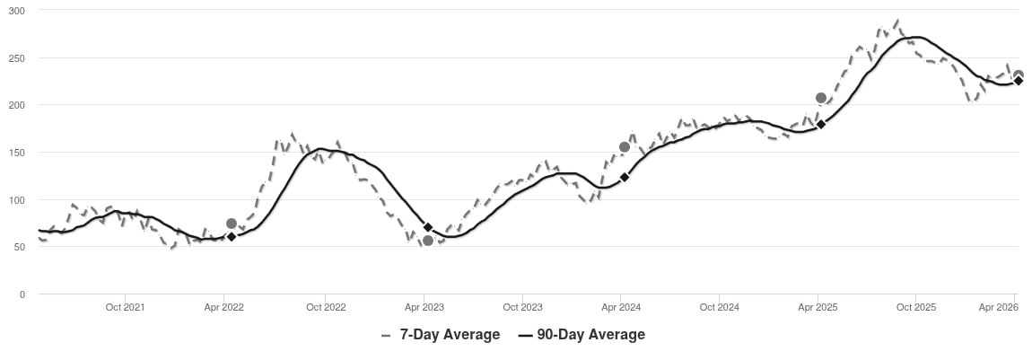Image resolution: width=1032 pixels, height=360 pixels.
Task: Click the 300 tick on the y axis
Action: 17,11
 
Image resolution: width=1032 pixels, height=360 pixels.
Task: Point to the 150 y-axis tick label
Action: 17,153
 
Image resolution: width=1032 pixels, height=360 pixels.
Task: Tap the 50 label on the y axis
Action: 20,248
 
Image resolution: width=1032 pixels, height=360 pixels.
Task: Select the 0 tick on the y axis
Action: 22,294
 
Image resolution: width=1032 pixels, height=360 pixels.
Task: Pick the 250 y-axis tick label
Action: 17,58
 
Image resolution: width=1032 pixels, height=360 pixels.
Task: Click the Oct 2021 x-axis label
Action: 125,307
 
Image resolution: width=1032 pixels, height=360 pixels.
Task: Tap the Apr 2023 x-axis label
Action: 424,307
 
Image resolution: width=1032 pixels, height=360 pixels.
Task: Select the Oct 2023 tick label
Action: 522,307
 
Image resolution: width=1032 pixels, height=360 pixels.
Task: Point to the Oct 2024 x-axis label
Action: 720,307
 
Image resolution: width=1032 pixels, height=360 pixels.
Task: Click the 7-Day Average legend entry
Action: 441,334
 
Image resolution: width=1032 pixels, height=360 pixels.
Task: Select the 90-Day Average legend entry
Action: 582,334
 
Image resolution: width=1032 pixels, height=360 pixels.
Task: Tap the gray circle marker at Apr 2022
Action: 231,224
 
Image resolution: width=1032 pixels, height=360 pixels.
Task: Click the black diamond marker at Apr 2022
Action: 231,236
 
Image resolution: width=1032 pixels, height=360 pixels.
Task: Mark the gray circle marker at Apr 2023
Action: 428,241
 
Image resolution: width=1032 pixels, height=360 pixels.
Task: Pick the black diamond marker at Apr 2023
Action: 428,227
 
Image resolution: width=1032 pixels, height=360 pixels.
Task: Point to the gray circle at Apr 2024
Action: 625,146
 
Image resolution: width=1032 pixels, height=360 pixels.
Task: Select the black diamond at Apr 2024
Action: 625,177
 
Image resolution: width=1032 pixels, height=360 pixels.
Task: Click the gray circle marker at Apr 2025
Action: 821,98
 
